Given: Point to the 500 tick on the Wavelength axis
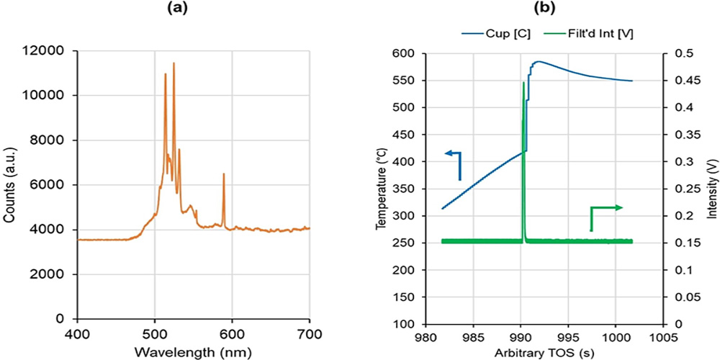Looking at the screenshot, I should (x=155, y=335).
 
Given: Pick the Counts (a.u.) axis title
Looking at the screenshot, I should (x=10, y=185).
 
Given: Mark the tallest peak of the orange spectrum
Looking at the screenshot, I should (x=174, y=63).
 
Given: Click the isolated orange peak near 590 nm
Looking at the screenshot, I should (x=223, y=174).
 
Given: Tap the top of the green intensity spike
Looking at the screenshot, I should (x=523, y=83).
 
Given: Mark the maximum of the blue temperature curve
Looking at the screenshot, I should (x=537, y=61).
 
